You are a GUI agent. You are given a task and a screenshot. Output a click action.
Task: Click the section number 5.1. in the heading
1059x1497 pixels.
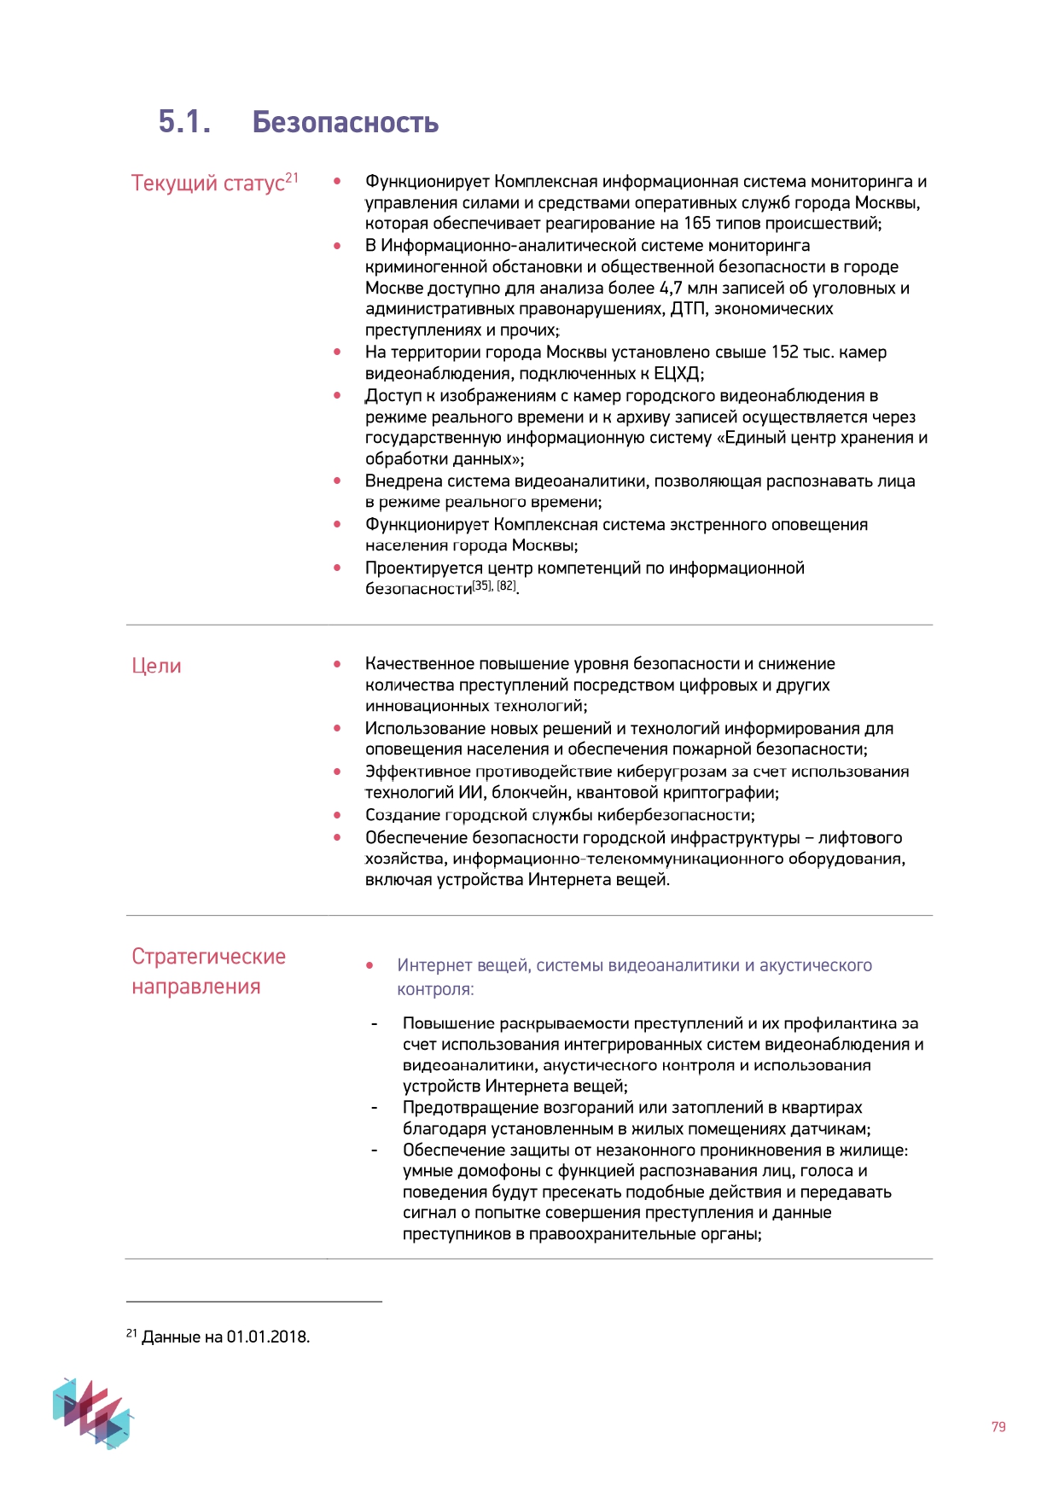pyautogui.click(x=184, y=122)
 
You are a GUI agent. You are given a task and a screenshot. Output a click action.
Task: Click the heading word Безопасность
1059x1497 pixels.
pyautogui.click(x=345, y=123)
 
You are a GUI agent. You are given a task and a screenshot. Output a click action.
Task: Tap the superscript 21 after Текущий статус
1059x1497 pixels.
pyautogui.click(x=292, y=178)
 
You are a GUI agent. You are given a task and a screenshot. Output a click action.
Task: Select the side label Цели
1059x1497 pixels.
pyautogui.click(x=156, y=666)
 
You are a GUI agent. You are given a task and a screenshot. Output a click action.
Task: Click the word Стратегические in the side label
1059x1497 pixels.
pyautogui.click(x=208, y=956)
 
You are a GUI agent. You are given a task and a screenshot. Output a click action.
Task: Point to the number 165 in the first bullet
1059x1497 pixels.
pyautogui.click(x=697, y=224)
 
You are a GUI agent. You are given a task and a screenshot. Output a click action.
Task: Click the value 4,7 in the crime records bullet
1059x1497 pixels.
pyautogui.click(x=671, y=288)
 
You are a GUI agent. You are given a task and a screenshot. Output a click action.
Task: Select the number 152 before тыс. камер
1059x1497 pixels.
pyautogui.click(x=784, y=352)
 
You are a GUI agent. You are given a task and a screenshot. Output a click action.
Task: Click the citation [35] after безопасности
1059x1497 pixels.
pyautogui.click(x=482, y=585)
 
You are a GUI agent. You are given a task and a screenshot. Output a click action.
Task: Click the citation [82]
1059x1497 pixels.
pyautogui.click(x=507, y=585)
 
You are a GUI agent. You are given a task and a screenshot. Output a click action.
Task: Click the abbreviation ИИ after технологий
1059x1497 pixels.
pyautogui.click(x=470, y=793)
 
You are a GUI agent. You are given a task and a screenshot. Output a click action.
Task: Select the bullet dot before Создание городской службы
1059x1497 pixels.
pyautogui.click(x=338, y=815)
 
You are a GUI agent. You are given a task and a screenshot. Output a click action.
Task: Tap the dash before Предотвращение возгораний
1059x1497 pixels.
pyautogui.click(x=374, y=1108)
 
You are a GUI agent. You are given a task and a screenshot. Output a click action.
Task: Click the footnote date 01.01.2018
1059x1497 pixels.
pyautogui.click(x=267, y=1337)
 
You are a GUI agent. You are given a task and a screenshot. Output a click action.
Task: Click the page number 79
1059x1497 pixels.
pyautogui.click(x=998, y=1426)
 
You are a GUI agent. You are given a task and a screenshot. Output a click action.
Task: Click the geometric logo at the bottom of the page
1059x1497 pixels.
pyautogui.click(x=92, y=1413)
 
